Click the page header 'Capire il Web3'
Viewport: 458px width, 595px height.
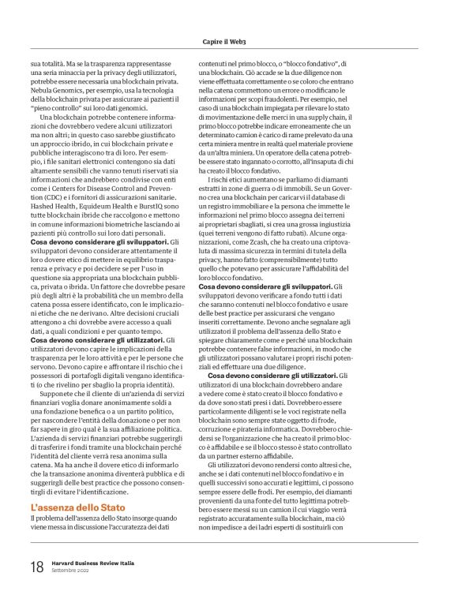click(x=228, y=41)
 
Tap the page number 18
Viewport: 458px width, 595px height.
click(x=36, y=566)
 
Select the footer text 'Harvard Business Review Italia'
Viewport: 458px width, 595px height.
click(x=93, y=562)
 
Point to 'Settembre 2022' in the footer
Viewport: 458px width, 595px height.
click(x=71, y=571)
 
